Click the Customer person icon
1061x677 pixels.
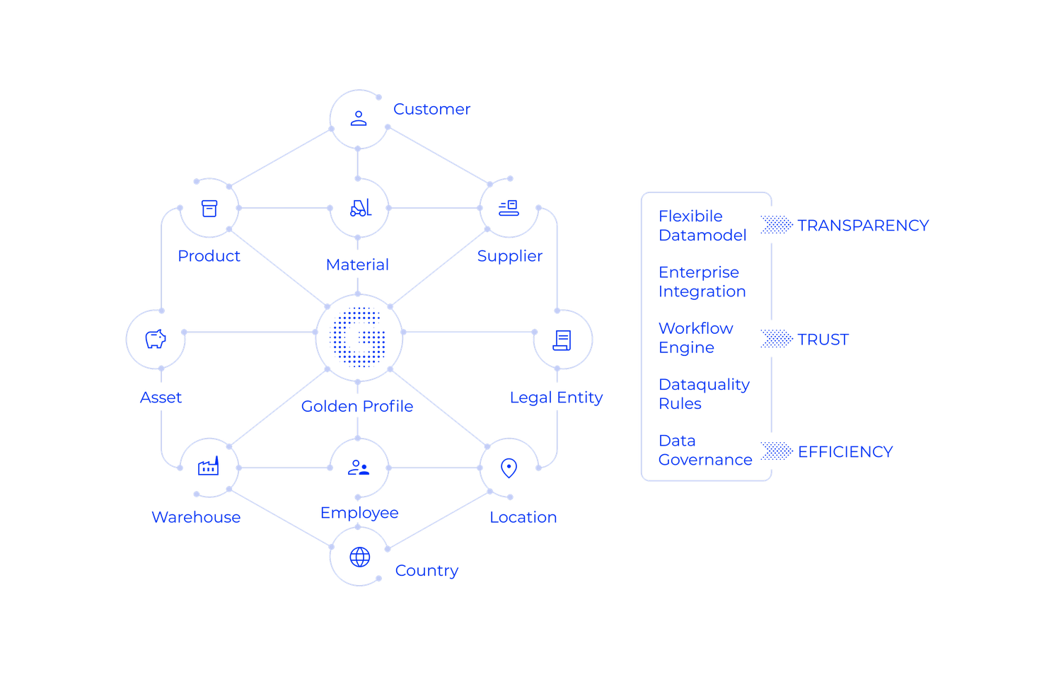click(x=359, y=117)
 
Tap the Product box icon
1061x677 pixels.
click(x=209, y=209)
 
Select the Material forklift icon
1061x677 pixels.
click(x=359, y=208)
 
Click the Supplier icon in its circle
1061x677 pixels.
click(x=509, y=208)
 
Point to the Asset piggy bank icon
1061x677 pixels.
click(x=156, y=340)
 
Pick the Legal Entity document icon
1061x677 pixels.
click(x=562, y=340)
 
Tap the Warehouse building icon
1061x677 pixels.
click(x=209, y=467)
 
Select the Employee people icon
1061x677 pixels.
click(x=359, y=467)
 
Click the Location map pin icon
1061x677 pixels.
click(x=509, y=468)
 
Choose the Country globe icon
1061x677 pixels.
click(x=359, y=557)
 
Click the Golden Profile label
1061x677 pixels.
click(x=357, y=406)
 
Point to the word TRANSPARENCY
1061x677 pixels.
click(x=863, y=226)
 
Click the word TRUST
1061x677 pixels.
click(x=823, y=340)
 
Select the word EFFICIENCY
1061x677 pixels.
click(x=845, y=451)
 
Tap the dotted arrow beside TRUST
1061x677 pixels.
click(x=777, y=339)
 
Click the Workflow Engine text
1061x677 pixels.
click(x=696, y=338)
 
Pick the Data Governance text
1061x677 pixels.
click(x=705, y=451)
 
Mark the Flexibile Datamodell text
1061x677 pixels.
click(x=703, y=226)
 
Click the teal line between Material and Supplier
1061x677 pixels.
click(x=434, y=207)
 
